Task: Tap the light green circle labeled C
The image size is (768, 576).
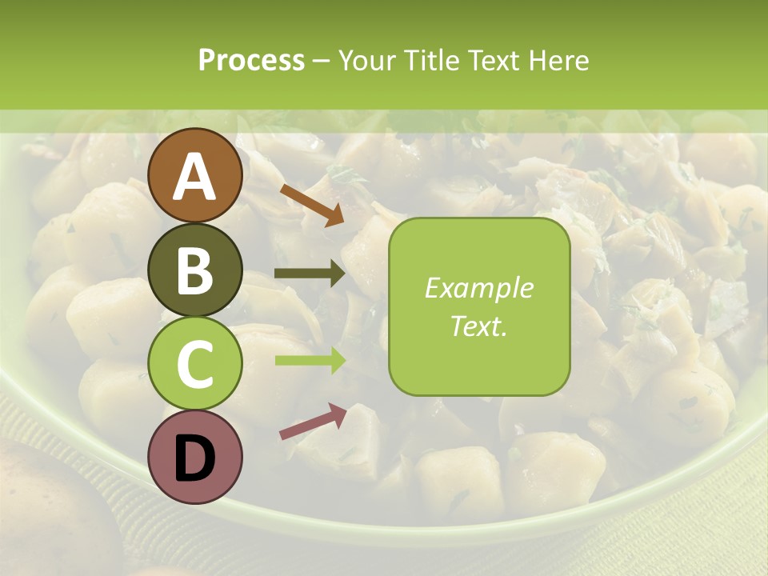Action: [195, 363]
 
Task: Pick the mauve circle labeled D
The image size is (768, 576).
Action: [195, 457]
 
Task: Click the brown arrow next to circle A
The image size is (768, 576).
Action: [311, 204]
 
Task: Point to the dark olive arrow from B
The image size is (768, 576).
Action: [309, 274]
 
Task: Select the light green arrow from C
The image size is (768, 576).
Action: [310, 360]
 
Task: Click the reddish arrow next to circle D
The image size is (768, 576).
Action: [313, 422]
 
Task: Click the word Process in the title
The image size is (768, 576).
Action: [251, 61]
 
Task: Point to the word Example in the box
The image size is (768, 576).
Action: [478, 288]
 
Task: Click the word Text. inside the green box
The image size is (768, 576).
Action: [478, 326]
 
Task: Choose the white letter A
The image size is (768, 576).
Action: [195, 177]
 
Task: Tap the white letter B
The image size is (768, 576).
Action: [195, 271]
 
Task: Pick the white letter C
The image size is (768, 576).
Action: [195, 365]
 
